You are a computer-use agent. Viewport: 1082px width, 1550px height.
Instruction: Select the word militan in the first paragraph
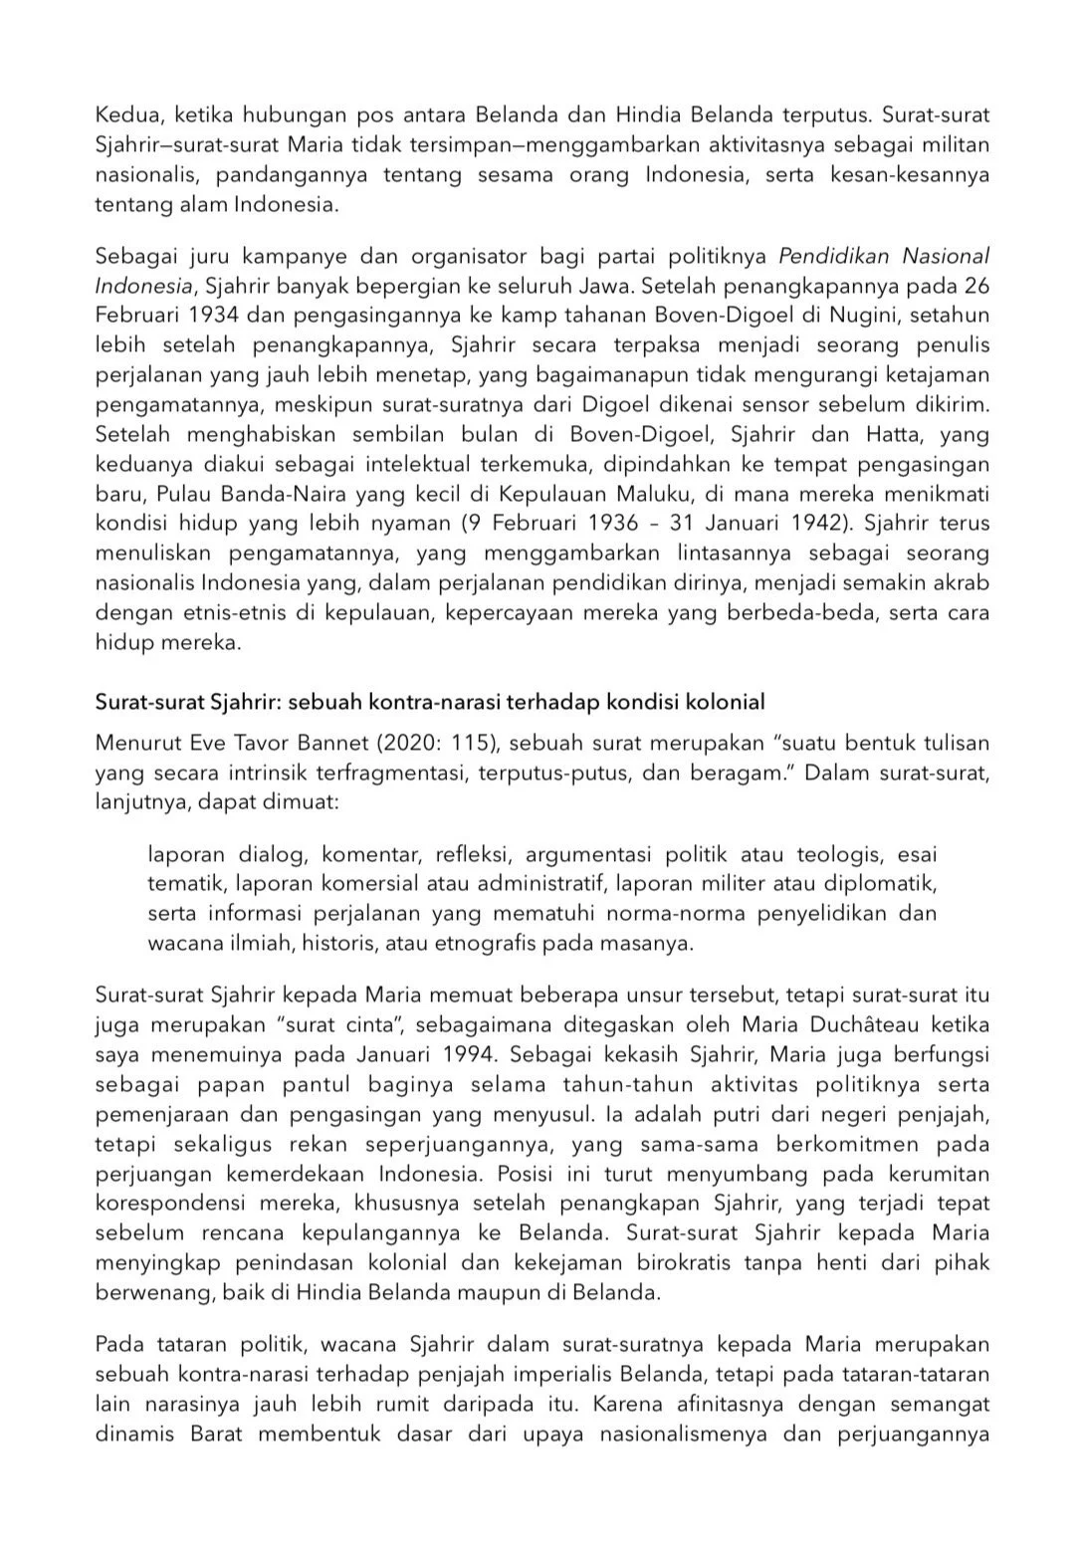[954, 144]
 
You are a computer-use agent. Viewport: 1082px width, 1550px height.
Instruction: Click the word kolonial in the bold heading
[726, 702]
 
